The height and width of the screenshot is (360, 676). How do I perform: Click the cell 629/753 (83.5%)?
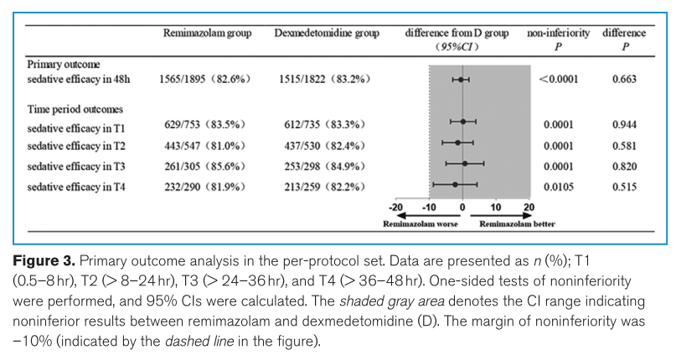point(205,125)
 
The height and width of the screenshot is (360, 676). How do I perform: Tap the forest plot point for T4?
point(455,183)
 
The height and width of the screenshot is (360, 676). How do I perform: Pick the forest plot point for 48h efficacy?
point(460,80)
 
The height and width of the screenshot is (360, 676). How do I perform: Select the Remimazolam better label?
point(517,224)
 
